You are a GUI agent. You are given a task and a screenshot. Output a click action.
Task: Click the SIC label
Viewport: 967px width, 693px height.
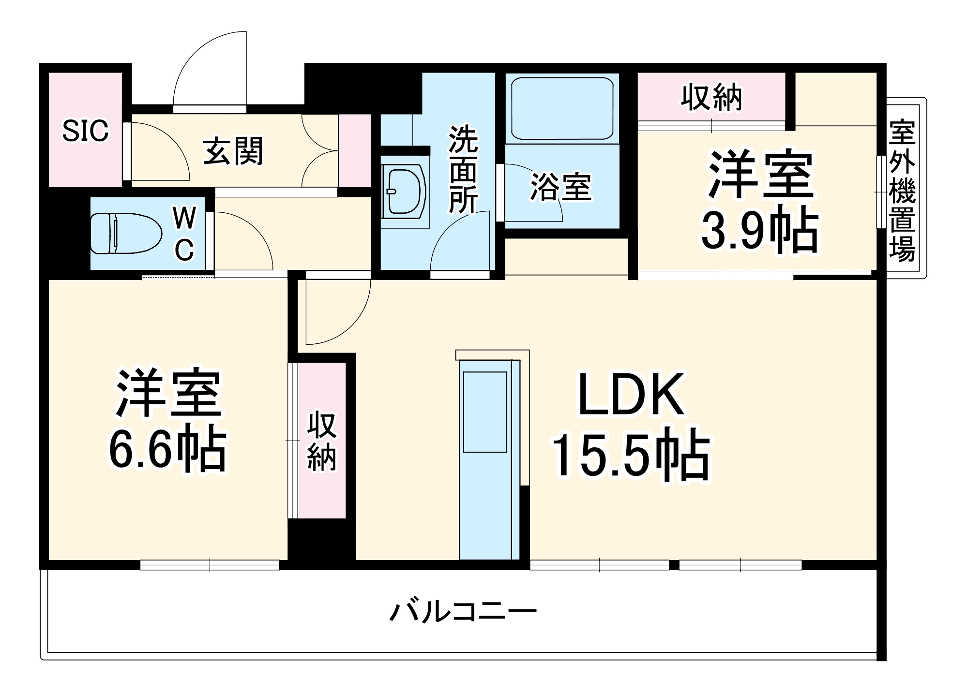pyautogui.click(x=85, y=131)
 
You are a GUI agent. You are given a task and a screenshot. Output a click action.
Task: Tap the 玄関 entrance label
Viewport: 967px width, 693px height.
pyautogui.click(x=233, y=151)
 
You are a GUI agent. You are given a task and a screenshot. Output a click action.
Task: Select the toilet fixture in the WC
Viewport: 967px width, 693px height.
pyautogui.click(x=125, y=233)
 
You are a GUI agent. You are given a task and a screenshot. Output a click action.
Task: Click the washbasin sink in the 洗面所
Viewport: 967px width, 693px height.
pyautogui.click(x=403, y=191)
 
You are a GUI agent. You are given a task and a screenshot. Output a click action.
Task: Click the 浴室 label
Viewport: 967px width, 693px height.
pyautogui.click(x=561, y=187)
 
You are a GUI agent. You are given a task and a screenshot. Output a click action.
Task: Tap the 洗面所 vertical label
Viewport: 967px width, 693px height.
pyautogui.click(x=463, y=169)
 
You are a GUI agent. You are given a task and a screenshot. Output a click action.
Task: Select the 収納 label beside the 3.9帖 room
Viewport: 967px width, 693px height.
pyautogui.click(x=711, y=97)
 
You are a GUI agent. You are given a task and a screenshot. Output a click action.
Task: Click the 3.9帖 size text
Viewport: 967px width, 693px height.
pyautogui.click(x=759, y=230)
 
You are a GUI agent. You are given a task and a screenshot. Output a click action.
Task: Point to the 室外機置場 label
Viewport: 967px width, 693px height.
pyautogui.click(x=902, y=191)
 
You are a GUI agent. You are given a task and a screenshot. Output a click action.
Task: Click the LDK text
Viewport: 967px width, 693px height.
pyautogui.click(x=632, y=394)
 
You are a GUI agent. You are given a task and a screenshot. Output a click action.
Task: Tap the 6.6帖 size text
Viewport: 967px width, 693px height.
pyautogui.click(x=167, y=450)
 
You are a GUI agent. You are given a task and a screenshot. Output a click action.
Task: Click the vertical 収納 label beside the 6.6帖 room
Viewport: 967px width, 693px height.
pyautogui.click(x=321, y=441)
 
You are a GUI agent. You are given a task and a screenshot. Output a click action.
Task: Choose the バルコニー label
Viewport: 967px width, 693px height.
pyautogui.click(x=463, y=612)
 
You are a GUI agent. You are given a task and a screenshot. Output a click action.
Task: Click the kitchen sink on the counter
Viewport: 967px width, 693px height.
pyautogui.click(x=484, y=412)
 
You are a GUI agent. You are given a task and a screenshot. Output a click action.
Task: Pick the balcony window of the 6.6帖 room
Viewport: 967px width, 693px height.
pyautogui.click(x=210, y=564)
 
